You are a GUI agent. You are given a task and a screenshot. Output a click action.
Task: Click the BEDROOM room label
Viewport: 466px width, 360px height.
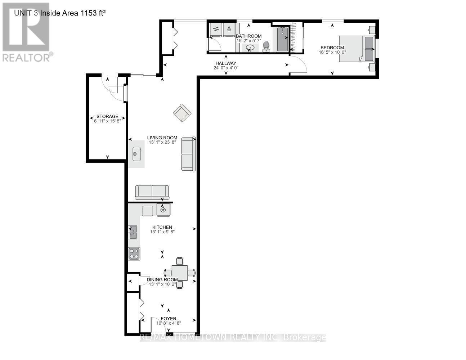332,48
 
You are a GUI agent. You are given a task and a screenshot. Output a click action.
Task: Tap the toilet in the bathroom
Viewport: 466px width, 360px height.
266,46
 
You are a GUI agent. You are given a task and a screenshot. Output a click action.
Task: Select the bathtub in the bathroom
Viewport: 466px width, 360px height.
283,39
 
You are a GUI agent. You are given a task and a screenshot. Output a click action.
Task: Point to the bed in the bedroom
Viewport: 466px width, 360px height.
357,48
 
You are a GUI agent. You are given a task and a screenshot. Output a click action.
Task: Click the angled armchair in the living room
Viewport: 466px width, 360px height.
182,113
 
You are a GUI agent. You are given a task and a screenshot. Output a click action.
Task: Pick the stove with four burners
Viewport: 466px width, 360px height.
134,254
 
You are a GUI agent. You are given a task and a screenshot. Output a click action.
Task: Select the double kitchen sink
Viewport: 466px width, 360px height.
133,232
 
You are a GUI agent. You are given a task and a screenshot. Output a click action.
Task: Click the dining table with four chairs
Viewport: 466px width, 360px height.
179,273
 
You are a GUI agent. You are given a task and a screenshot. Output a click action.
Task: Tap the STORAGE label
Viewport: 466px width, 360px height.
107,116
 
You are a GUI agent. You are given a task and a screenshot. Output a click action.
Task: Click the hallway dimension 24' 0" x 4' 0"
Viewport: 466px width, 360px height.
226,68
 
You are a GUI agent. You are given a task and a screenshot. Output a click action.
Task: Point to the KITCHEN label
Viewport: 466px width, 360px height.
162,227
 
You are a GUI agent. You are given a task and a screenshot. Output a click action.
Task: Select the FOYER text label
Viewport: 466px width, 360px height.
168,319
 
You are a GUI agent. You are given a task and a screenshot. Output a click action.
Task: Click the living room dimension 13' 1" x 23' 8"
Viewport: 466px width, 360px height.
162,142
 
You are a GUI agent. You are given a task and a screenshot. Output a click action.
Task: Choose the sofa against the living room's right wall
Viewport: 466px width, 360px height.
188,154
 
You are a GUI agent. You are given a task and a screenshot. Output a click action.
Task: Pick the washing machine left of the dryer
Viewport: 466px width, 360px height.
216,30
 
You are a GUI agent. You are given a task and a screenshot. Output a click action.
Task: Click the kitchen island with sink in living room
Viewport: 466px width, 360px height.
136,154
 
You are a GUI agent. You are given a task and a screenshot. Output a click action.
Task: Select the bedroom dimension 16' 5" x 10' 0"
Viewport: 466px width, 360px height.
332,52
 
